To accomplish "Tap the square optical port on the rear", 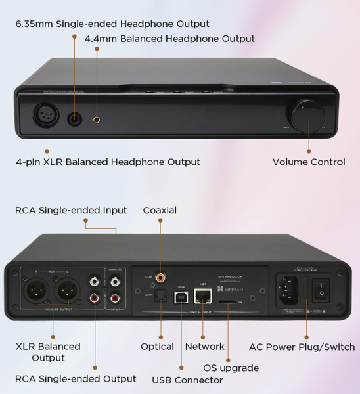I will pyautogui.click(x=158, y=295).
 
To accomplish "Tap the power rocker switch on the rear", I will pyautogui.click(x=321, y=288).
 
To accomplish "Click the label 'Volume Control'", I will pyautogui.click(x=308, y=162).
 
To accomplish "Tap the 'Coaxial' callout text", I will pyautogui.click(x=160, y=210).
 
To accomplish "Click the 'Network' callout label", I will pyautogui.click(x=205, y=346).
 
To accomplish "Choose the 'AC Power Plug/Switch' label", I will pyautogui.click(x=301, y=347).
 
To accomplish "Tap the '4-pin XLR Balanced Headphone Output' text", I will pyautogui.click(x=107, y=162).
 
